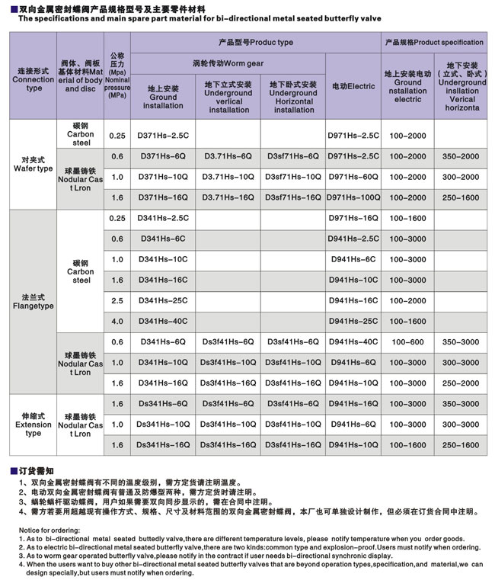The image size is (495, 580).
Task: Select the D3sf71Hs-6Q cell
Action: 293,156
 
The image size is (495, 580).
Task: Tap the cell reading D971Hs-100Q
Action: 353,197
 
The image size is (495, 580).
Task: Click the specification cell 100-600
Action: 407,341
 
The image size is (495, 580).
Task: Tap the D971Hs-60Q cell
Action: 353,177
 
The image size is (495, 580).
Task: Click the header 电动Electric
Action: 353,86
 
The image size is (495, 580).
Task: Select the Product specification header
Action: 434,43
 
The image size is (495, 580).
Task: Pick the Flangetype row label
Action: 34,301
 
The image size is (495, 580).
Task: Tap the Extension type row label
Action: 34,424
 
